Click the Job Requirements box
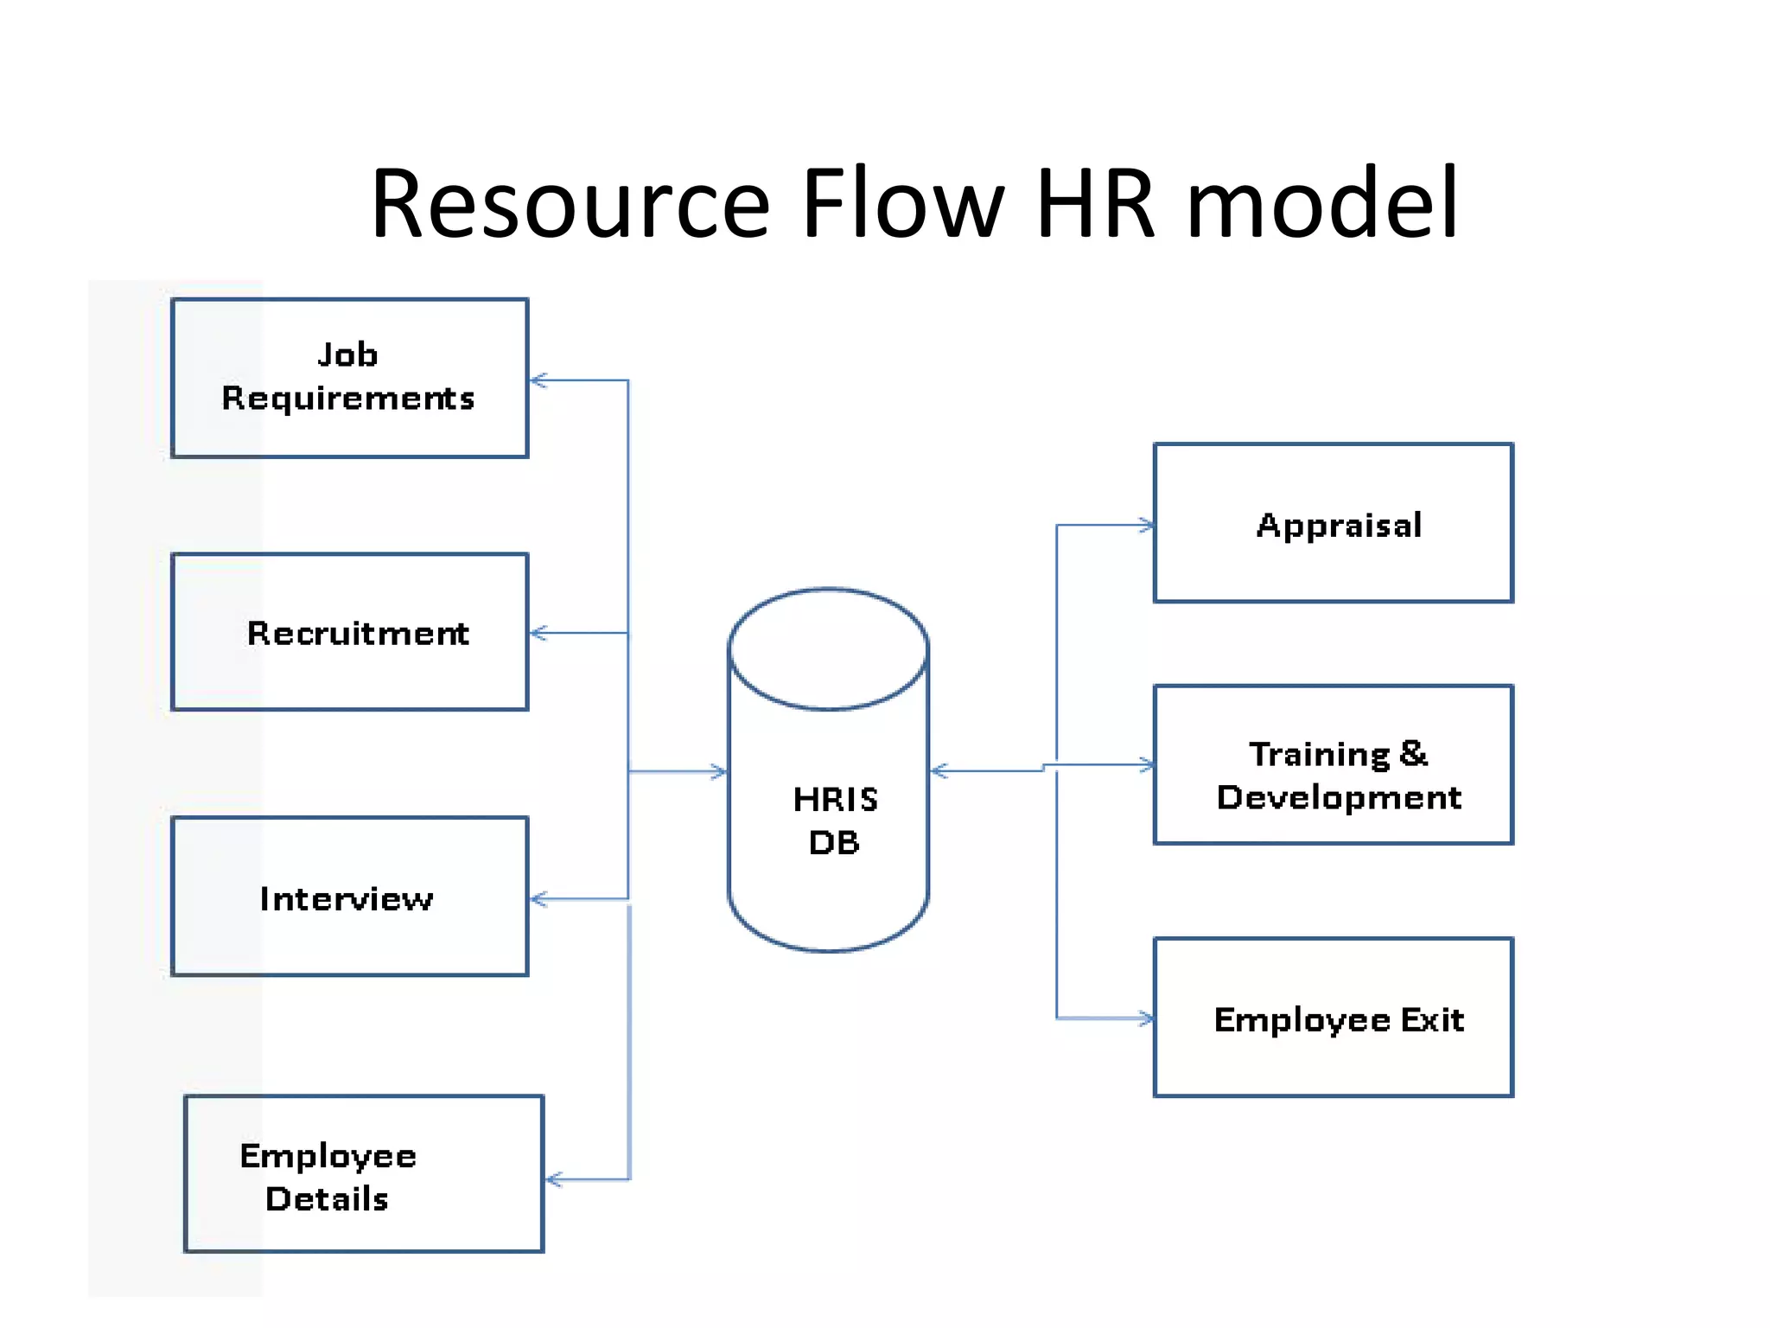click(349, 378)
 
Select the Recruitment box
click(349, 632)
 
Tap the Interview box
click(349, 897)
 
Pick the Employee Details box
click(363, 1174)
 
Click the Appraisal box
click(1333, 523)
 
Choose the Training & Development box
click(1333, 765)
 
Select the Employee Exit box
click(1333, 1018)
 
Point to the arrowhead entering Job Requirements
click(538, 380)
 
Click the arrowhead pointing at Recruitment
click(538, 634)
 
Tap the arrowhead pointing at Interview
click(538, 900)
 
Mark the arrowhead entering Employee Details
click(554, 1179)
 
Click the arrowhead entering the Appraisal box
click(1147, 525)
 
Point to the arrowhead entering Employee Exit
click(1147, 1018)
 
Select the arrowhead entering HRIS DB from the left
click(719, 771)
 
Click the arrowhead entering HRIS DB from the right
click(939, 771)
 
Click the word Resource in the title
click(570, 204)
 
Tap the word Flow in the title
click(903, 204)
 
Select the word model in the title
click(1322, 204)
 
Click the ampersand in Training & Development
click(1412, 754)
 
